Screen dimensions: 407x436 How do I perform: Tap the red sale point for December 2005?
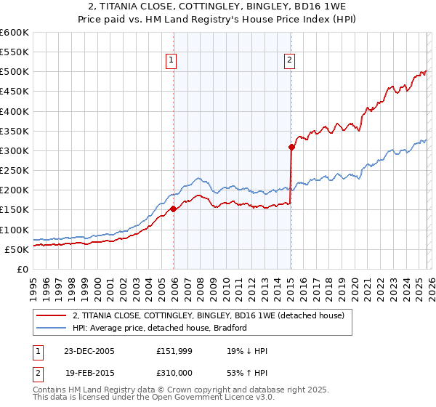174,209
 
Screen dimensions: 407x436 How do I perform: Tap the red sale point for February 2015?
291,147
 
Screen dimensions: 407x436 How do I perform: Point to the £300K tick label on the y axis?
15,150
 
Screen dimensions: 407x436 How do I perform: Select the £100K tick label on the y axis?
15,230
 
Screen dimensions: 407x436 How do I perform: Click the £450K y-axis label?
15,92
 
